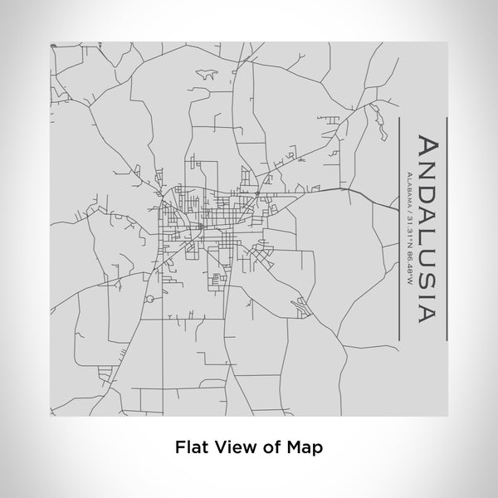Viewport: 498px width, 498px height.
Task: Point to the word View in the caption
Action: tap(235, 446)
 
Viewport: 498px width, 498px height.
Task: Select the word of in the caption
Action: tap(272, 446)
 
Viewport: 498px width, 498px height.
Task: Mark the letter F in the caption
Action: tap(179, 446)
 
